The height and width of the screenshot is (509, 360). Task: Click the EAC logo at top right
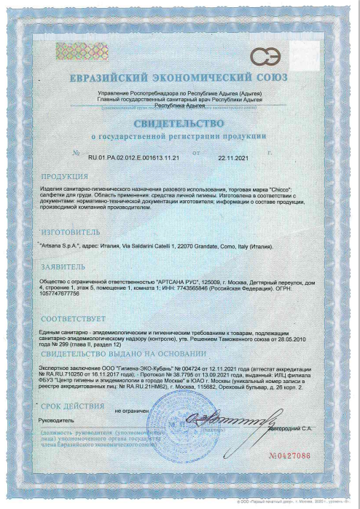[265, 56]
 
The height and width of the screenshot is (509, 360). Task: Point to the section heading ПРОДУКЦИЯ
[64, 177]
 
